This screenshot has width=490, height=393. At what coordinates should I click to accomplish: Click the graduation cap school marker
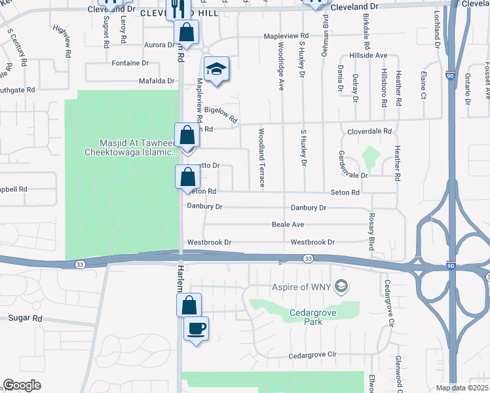point(216,69)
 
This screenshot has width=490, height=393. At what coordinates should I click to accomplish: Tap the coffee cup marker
point(197,328)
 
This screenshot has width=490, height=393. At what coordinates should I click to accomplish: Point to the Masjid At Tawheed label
point(130,148)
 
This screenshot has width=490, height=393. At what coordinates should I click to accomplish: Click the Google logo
point(22,385)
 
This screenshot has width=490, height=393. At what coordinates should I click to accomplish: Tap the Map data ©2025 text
point(462,388)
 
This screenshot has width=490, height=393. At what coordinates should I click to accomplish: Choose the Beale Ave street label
point(288,225)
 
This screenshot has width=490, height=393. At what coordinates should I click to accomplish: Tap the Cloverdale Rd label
point(369,131)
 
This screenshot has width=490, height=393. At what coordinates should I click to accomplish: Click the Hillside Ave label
point(368,56)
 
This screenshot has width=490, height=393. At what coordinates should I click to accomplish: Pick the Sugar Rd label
point(26,318)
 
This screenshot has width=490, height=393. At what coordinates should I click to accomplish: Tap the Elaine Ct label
point(424,85)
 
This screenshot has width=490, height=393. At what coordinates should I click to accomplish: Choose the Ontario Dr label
point(467,88)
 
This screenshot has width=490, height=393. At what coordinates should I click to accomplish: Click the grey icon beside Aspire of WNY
point(340,286)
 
